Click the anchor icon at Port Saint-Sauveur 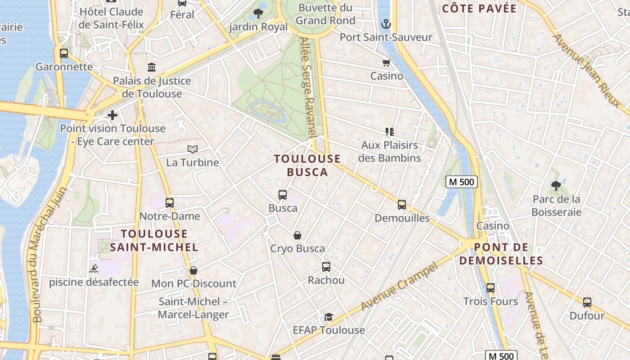[386, 24]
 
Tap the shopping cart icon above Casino [386, 63]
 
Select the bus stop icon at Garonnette [64, 54]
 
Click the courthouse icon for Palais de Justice [152, 67]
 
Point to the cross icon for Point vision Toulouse [112, 115]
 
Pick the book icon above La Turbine [193, 149]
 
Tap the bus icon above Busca [283, 195]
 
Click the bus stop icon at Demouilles [402, 205]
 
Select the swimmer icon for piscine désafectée [94, 269]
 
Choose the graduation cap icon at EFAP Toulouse [328, 317]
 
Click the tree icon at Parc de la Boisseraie [556, 185]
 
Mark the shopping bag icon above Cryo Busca [297, 235]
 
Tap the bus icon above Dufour [587, 302]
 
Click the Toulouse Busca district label [307, 165]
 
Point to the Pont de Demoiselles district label [501, 254]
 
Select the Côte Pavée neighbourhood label [479, 9]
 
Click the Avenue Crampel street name [399, 287]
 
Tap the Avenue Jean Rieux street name [586, 70]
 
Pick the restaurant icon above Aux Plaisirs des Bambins [390, 132]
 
